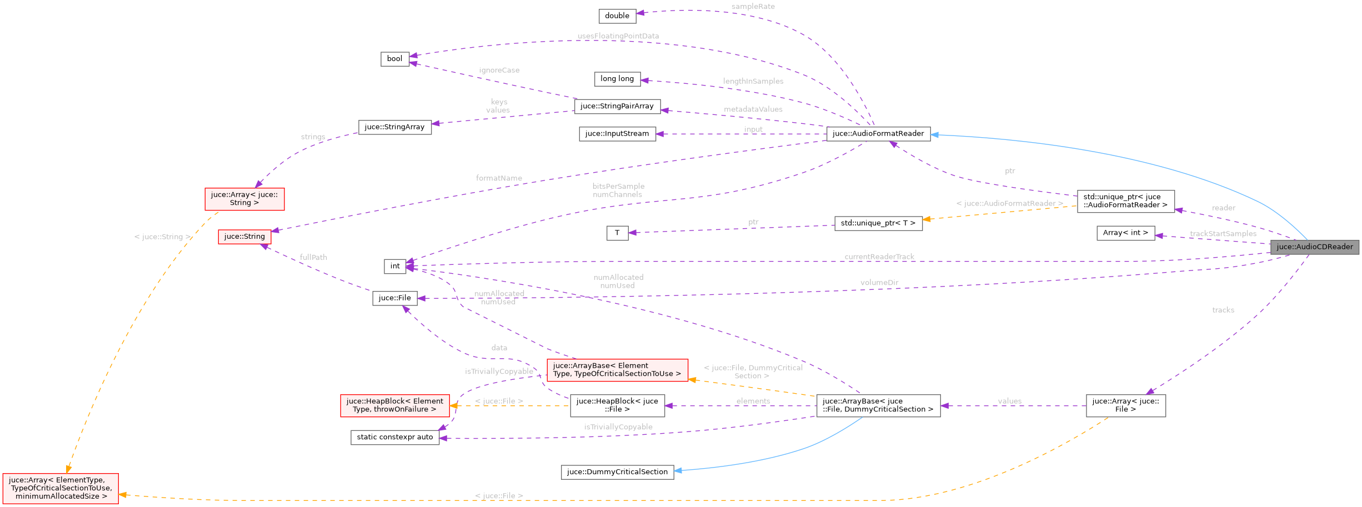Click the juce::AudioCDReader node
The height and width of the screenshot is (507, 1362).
pyautogui.click(x=1314, y=247)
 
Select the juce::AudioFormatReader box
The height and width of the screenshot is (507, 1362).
pyautogui.click(x=878, y=134)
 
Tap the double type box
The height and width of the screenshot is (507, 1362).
pyautogui.click(x=617, y=16)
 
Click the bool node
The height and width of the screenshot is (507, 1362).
pyautogui.click(x=394, y=59)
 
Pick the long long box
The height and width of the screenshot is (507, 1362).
pyautogui.click(x=617, y=79)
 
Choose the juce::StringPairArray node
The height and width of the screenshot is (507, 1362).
pyautogui.click(x=617, y=106)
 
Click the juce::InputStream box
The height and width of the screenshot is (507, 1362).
pyautogui.click(x=617, y=134)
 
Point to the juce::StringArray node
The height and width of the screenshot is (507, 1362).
pyautogui.click(x=394, y=127)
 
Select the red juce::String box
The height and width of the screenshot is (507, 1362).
pyautogui.click(x=244, y=237)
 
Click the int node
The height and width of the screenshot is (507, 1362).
pyautogui.click(x=394, y=267)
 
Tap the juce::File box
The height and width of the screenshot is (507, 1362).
pyautogui.click(x=394, y=298)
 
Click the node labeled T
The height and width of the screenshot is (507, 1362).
pyautogui.click(x=617, y=233)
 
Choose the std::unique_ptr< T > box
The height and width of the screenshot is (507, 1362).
pyautogui.click(x=878, y=223)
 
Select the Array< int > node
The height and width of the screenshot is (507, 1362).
pyautogui.click(x=1125, y=233)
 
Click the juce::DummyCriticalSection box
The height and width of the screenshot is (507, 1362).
pyautogui.click(x=617, y=472)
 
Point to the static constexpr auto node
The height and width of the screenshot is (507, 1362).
pyautogui.click(x=394, y=438)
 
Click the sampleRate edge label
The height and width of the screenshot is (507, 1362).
pyautogui.click(x=753, y=7)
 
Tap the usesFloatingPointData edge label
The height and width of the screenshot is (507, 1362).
pyautogui.click(x=618, y=36)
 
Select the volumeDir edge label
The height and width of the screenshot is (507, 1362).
pyautogui.click(x=879, y=283)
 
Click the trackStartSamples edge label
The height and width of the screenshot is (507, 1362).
pyautogui.click(x=1223, y=234)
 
